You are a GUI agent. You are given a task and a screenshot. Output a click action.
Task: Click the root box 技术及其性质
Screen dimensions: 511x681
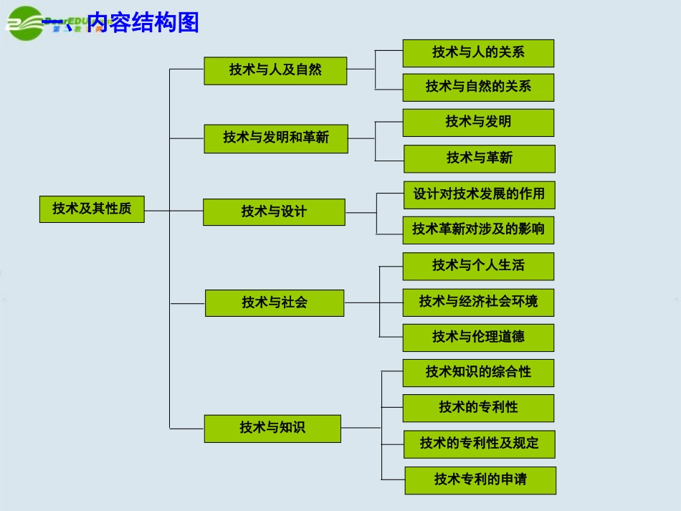(92, 209)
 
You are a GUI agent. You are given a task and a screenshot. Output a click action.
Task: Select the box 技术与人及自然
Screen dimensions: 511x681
(275, 70)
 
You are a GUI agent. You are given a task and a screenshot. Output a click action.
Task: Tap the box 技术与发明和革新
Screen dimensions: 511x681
(276, 138)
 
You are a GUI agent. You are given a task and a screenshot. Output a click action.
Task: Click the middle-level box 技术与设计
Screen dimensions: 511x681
(274, 212)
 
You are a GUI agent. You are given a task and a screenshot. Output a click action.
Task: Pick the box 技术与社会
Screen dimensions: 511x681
(275, 302)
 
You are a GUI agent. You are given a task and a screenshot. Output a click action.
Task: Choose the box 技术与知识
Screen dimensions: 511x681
(272, 428)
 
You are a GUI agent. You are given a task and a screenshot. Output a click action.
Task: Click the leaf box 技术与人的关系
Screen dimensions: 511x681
(478, 53)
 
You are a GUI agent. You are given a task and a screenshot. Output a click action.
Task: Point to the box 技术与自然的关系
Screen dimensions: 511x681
(478, 87)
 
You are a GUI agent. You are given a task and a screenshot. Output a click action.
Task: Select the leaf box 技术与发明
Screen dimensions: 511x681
(478, 123)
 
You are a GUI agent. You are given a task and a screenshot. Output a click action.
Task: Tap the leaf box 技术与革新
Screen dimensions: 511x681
(480, 158)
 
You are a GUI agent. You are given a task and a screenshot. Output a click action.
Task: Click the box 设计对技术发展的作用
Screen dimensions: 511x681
(479, 194)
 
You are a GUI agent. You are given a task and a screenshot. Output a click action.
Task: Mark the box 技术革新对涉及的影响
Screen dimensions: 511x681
(478, 230)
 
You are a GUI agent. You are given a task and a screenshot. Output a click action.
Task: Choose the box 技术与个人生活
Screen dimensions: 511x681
(478, 266)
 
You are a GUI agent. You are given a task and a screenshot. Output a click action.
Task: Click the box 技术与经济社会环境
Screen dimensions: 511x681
(478, 302)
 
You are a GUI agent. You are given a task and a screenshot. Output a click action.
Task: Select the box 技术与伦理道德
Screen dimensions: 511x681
(478, 337)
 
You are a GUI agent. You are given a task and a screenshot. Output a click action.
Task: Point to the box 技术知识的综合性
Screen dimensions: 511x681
(478, 373)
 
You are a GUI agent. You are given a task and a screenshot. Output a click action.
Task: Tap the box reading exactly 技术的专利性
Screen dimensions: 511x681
(478, 408)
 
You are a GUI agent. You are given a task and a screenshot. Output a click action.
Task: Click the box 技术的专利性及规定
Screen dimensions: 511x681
(479, 444)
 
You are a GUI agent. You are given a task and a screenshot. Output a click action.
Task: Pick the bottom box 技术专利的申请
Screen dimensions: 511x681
(480, 479)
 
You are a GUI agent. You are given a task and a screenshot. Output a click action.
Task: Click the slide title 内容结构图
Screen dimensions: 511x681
(143, 23)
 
